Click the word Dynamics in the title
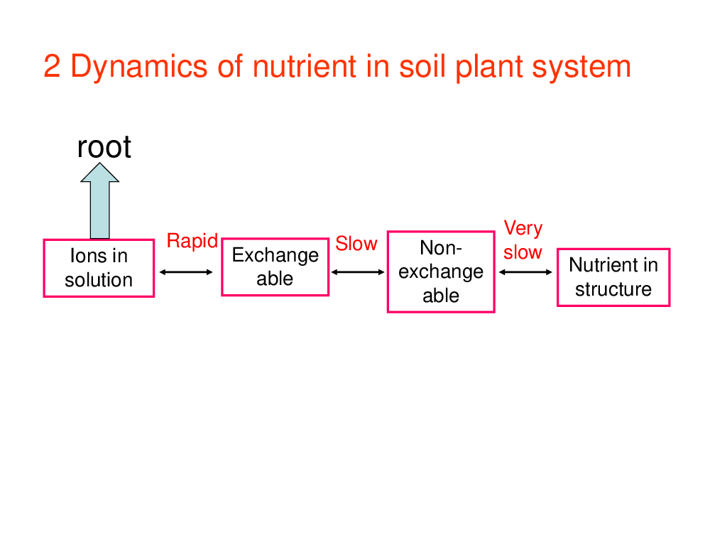[139, 67]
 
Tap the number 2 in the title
[52, 66]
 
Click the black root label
[104, 147]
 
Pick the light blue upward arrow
[99, 200]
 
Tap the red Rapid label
[192, 242]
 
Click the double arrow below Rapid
[186, 272]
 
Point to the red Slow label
[356, 243]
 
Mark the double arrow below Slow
[358, 272]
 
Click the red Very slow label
[523, 240]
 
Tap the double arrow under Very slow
[525, 272]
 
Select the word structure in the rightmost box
[613, 289]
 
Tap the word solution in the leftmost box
[99, 280]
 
